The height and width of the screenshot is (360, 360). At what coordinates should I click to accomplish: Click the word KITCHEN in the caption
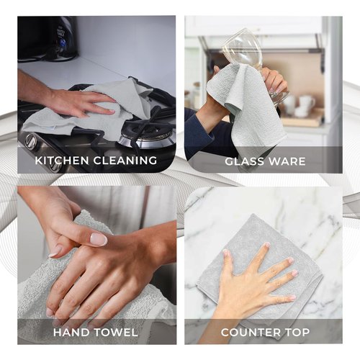coord(62,161)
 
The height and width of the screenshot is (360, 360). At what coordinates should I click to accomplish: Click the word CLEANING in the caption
coord(125,161)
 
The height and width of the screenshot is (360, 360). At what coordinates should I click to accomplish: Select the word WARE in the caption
coord(287,161)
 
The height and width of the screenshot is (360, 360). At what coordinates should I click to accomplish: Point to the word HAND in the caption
coord(71,333)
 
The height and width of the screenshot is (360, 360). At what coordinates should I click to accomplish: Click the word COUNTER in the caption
coord(251,333)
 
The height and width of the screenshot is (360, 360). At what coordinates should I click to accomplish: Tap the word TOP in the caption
coord(297,333)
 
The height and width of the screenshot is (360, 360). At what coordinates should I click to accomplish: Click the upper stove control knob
coord(31,140)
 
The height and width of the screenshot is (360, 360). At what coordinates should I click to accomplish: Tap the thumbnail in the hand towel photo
coord(99,239)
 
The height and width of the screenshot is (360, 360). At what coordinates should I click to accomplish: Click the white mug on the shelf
coord(307,102)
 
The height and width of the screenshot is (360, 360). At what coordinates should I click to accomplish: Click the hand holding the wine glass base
coord(275,81)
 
